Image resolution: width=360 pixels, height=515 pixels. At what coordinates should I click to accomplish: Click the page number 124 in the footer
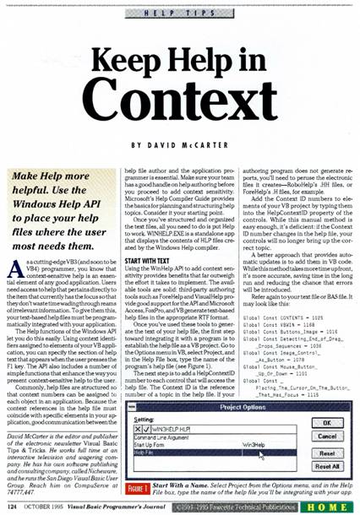(12, 506)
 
